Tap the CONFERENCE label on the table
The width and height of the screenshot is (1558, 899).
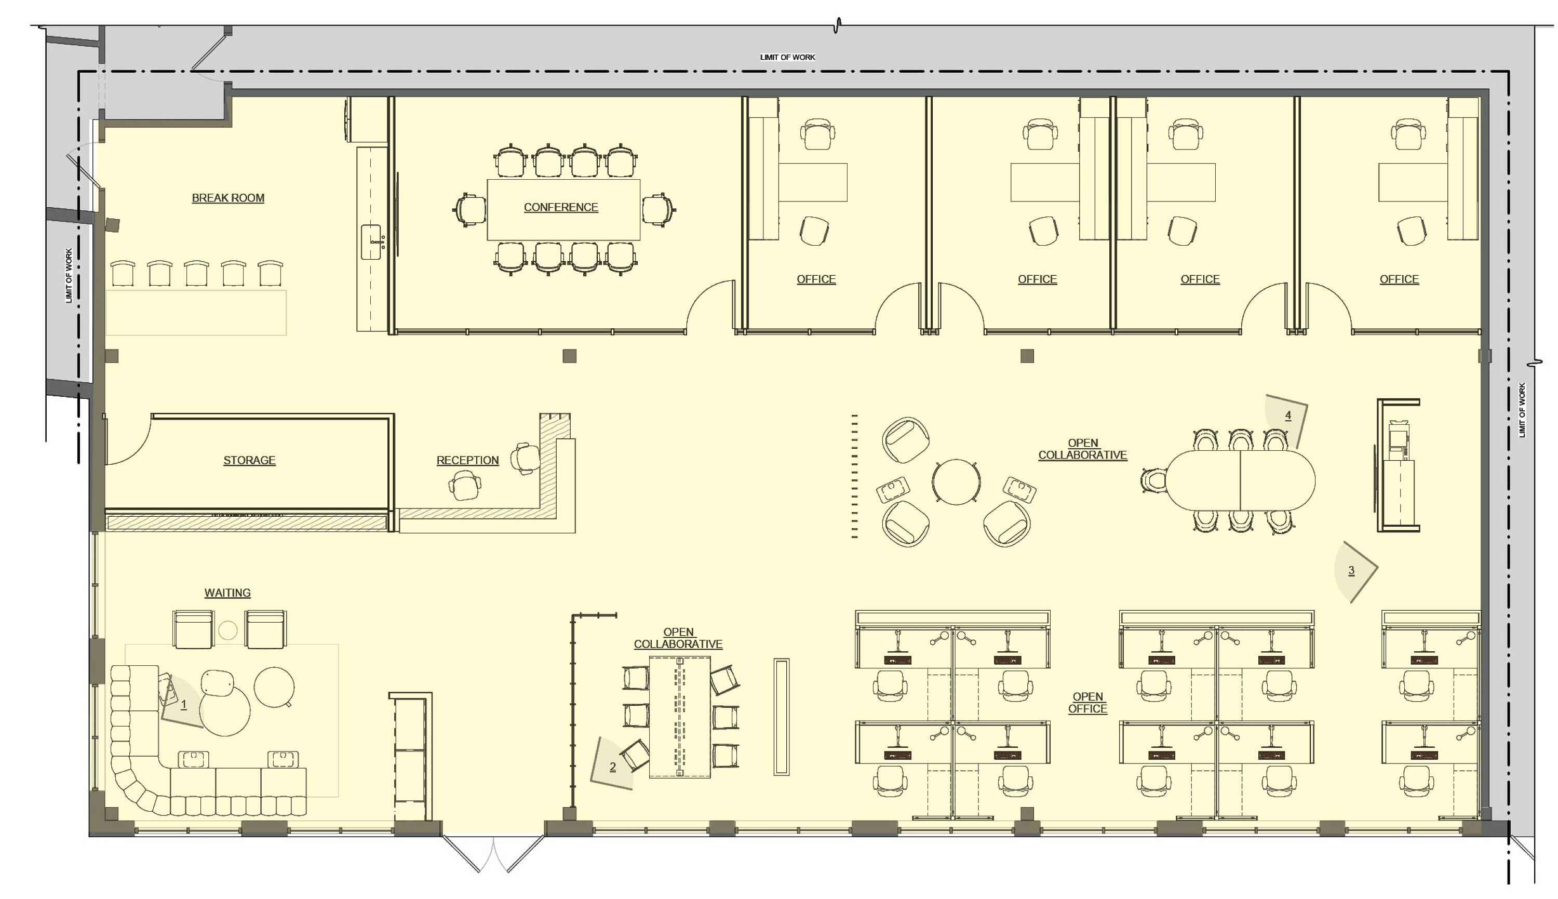(x=560, y=207)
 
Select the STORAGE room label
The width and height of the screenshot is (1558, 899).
(x=249, y=461)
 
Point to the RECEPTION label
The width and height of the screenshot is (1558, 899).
(x=467, y=461)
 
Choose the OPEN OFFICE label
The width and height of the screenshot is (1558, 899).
(x=1087, y=703)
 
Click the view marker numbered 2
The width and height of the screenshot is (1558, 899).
(x=611, y=764)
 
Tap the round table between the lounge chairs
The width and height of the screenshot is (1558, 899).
(x=956, y=481)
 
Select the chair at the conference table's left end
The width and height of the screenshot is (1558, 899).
(x=470, y=209)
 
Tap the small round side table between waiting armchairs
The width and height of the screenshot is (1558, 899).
(x=228, y=630)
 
